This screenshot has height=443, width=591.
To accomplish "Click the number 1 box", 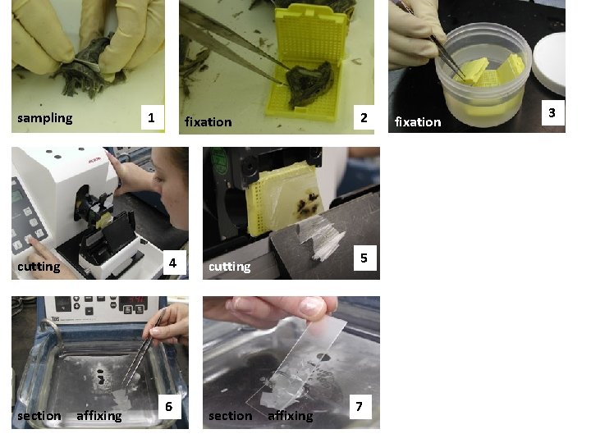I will pyautogui.click(x=150, y=118).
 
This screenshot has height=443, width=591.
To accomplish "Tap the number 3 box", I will pyautogui.click(x=552, y=113).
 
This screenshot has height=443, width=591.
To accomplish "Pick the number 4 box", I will pyautogui.click(x=172, y=263).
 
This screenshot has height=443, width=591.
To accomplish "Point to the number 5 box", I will pyautogui.click(x=364, y=259).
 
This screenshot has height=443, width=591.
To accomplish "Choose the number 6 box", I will pyautogui.click(x=169, y=406).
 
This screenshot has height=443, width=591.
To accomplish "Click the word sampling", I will pyautogui.click(x=44, y=118).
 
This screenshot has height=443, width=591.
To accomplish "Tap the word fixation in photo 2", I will pyautogui.click(x=208, y=122).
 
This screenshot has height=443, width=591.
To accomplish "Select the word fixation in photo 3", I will pyautogui.click(x=417, y=122).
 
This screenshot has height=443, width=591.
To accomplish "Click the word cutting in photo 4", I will pyautogui.click(x=39, y=267).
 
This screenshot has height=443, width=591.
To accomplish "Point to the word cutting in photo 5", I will pyautogui.click(x=229, y=267).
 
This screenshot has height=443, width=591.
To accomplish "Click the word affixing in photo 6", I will pyautogui.click(x=98, y=416).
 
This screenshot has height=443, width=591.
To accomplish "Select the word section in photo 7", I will pyautogui.click(x=230, y=416).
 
